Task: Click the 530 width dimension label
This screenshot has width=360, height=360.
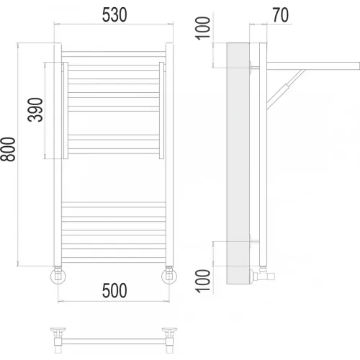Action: coord(114,15)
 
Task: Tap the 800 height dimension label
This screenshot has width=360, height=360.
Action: coord(8,149)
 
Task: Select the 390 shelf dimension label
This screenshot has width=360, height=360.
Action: coord(35,109)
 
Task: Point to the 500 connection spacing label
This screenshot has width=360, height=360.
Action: coord(114,290)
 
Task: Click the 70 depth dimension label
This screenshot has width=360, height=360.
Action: coord(280,15)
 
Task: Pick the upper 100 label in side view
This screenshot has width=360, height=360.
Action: coord(203,28)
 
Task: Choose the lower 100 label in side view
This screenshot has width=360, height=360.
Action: coord(203,281)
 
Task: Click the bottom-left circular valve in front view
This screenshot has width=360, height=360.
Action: coord(58,276)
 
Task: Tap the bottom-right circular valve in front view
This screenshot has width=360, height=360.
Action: coord(169,276)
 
